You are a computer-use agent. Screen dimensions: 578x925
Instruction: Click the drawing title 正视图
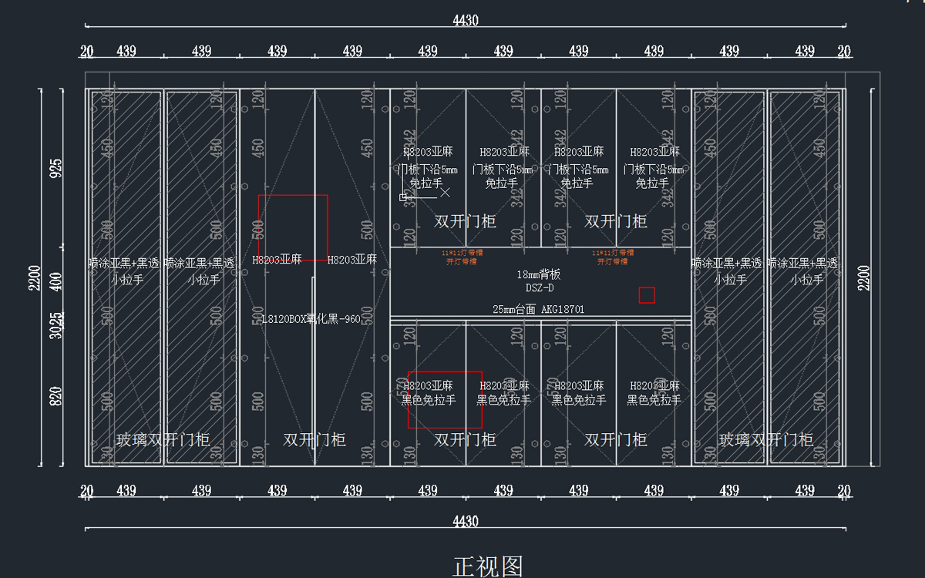pos(488,566)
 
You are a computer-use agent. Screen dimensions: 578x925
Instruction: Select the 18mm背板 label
pos(539,274)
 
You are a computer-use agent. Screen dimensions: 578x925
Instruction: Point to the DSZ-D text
pos(539,287)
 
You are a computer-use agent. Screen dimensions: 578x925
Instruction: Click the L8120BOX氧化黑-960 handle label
pos(311,319)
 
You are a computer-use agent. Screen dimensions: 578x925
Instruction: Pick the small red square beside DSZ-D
pos(647,294)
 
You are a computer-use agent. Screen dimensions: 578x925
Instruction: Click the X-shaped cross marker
pos(445,193)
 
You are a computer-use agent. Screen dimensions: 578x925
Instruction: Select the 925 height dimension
pos(55,168)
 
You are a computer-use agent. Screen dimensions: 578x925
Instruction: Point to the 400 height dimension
pos(55,281)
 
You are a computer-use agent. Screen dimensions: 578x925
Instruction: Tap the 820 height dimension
pos(55,397)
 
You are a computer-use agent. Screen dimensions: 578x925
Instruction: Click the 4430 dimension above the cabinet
pos(465,21)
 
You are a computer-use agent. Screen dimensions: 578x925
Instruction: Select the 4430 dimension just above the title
pos(465,522)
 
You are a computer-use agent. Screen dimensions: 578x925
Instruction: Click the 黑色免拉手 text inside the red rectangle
pos(429,401)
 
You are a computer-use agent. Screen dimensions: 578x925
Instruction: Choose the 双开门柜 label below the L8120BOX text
pos(314,440)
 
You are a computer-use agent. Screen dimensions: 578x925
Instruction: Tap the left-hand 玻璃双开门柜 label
pos(163,440)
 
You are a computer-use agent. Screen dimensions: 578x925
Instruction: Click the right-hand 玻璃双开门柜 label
pos(765,440)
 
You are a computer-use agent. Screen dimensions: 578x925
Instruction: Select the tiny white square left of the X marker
pos(402,197)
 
